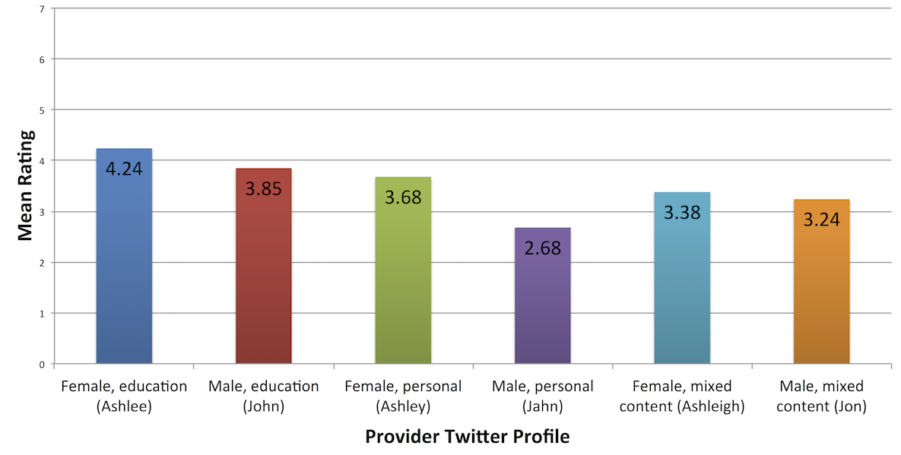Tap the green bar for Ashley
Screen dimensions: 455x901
tap(403, 281)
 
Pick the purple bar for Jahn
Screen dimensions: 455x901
tap(542, 304)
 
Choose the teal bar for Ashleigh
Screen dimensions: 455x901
tap(682, 289)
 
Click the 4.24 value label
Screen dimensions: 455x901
tap(124, 169)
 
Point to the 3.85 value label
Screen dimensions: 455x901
tap(264, 188)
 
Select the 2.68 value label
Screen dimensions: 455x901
tap(542, 248)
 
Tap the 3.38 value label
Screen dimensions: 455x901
tap(682, 213)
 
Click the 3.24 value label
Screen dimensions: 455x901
tap(821, 220)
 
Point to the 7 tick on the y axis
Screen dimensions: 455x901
tap(41, 8)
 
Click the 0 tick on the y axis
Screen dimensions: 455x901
tap(41, 365)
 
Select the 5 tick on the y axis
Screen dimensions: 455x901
tap(41, 110)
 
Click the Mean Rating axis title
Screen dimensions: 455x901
tap(25, 186)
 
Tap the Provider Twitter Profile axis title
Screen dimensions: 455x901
tap(467, 437)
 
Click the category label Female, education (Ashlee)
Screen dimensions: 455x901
tap(124, 396)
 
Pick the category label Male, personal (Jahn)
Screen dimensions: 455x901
tap(542, 396)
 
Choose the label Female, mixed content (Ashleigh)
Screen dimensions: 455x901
tap(682, 396)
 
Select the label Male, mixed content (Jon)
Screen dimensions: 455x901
tap(821, 396)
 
